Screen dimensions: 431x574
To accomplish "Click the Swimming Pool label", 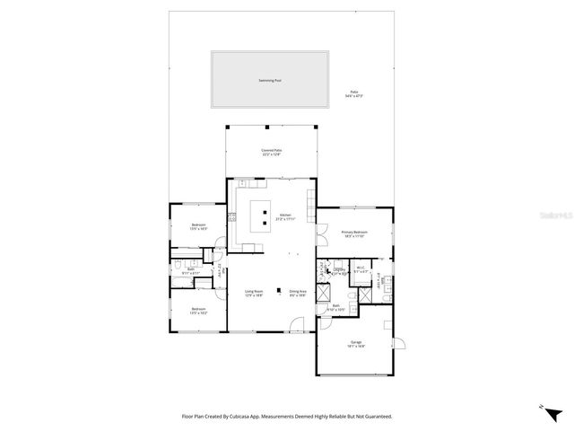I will [x=269, y=80].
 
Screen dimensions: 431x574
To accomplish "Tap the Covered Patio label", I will [x=271, y=152].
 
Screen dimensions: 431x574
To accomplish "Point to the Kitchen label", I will [x=285, y=216].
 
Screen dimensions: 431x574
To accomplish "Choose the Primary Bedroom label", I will [x=354, y=234].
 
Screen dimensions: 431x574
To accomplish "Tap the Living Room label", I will [x=254, y=293].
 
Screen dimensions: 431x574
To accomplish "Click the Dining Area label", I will [x=298, y=293].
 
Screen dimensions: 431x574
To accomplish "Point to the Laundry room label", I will [x=338, y=269].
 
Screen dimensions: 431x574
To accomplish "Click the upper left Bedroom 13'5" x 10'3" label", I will [x=198, y=226].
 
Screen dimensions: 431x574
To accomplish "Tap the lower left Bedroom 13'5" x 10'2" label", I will [x=198, y=312].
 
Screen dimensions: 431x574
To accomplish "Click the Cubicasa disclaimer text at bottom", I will [x=287, y=416].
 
